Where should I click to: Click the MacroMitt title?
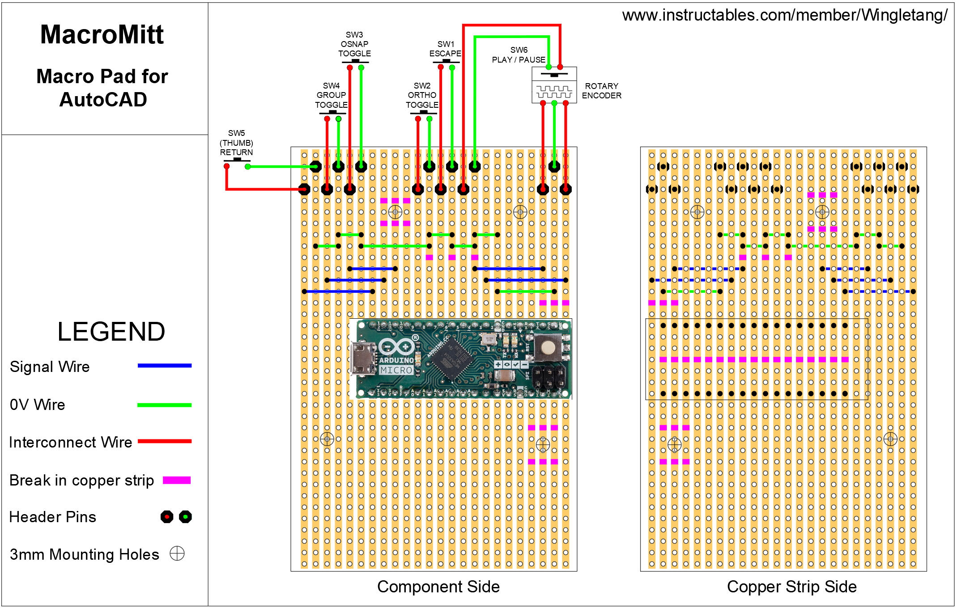(102, 35)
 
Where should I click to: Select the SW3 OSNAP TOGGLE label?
(354, 44)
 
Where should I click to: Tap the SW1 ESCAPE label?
(445, 49)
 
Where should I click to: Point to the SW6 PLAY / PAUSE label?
(519, 55)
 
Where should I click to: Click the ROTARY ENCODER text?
(601, 91)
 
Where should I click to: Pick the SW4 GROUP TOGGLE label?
(331, 95)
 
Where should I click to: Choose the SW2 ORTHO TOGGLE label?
(422, 95)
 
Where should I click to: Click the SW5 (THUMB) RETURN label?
(236, 143)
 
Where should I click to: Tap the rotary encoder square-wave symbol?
(554, 92)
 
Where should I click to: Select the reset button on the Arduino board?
(548, 348)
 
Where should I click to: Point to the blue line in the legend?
(164, 366)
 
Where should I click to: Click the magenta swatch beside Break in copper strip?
(177, 480)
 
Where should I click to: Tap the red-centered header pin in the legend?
(167, 517)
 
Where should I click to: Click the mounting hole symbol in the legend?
(177, 553)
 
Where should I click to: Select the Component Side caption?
(438, 587)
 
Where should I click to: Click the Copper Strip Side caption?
(791, 587)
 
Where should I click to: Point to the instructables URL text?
(784, 15)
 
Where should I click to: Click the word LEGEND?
(111, 332)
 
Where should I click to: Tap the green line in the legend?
(164, 405)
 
